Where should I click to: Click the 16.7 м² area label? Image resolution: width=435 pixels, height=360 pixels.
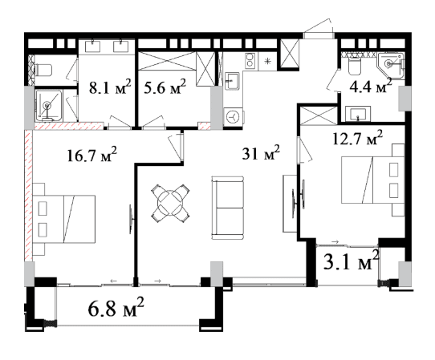click(91, 155)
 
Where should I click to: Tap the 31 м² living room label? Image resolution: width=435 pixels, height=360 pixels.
click(261, 152)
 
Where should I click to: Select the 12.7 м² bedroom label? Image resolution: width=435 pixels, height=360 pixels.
click(358, 138)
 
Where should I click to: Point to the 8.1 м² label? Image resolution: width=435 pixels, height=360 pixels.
click(110, 87)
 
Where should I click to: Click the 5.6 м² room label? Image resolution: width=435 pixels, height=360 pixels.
click(165, 87)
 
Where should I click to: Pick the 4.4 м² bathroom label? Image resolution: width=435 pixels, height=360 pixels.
click(371, 86)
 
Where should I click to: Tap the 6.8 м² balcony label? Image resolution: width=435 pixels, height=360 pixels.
click(116, 307)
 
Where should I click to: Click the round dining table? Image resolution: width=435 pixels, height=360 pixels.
click(170, 203)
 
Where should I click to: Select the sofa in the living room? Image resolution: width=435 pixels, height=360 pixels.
click(228, 208)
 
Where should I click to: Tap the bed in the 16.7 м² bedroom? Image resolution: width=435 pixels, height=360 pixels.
click(64, 219)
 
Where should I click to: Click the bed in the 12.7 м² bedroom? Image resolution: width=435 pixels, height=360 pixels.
click(372, 180)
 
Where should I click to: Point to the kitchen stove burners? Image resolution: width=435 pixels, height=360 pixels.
click(250, 60)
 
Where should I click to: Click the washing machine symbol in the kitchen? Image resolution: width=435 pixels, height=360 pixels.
click(233, 116)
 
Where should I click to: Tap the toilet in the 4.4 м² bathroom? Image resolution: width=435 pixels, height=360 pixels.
click(354, 66)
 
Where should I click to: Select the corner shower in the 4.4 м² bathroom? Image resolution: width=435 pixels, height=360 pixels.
click(391, 66)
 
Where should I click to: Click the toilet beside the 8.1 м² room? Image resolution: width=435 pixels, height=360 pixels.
click(43, 70)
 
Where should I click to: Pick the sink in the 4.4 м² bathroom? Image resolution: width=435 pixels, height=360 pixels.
click(358, 114)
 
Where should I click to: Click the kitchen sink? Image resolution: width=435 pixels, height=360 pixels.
click(232, 81)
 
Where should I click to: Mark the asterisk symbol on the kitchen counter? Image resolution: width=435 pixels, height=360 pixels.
click(268, 61)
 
